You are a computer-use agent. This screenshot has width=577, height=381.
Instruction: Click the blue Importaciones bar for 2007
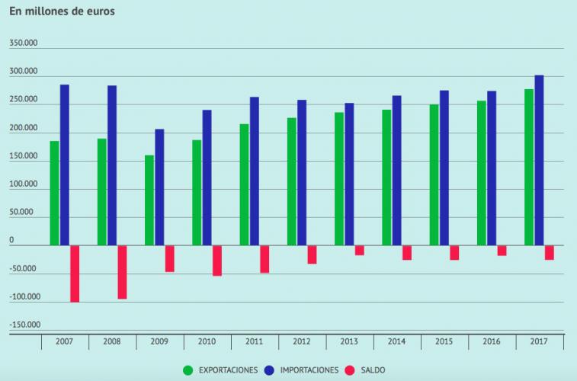pyautogui.click(x=65, y=165)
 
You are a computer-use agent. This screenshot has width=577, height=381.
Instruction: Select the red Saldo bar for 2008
pyautogui.click(x=122, y=272)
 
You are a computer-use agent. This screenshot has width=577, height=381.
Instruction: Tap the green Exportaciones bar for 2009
pyautogui.click(x=149, y=200)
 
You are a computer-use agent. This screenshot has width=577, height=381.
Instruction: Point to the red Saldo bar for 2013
pyautogui.click(x=360, y=251)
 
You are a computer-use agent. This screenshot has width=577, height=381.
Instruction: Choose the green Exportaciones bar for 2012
pyautogui.click(x=292, y=181)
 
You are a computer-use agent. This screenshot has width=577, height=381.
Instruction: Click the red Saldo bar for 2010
pyautogui.click(x=217, y=261)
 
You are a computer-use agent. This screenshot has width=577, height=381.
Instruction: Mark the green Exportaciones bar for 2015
pyautogui.click(x=434, y=175)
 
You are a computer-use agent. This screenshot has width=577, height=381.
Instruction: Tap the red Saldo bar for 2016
pyautogui.click(x=502, y=251)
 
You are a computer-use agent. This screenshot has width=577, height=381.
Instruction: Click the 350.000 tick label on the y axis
pyautogui.click(x=23, y=44)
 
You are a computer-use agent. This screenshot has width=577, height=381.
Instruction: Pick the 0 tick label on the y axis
pyautogui.click(x=11, y=241)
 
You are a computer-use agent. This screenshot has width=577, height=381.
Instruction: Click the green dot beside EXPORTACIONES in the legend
pyautogui.click(x=188, y=370)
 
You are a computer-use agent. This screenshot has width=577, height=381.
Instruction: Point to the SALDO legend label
pyautogui.click(x=373, y=370)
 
